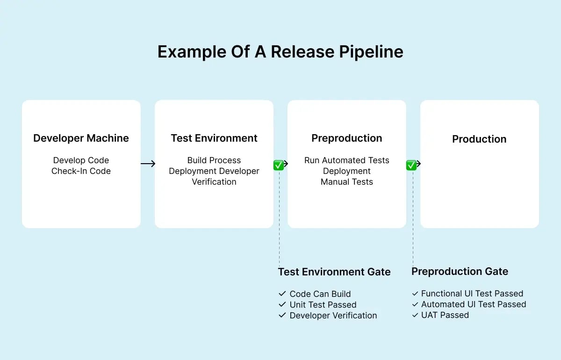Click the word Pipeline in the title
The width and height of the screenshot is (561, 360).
pyautogui.click(x=370, y=52)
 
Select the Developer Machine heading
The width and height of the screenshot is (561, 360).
pyautogui.click(x=81, y=138)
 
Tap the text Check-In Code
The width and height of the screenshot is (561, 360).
pyautogui.click(x=81, y=171)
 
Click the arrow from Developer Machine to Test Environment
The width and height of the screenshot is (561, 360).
pyautogui.click(x=148, y=164)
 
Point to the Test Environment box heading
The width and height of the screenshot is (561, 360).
pyautogui.click(x=214, y=138)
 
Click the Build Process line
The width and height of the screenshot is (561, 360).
pyautogui.click(x=214, y=160)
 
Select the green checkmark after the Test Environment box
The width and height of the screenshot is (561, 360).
pyautogui.click(x=279, y=165)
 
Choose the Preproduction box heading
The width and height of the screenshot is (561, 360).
pyautogui.click(x=347, y=138)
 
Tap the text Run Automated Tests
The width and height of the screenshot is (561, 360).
pyautogui.click(x=347, y=160)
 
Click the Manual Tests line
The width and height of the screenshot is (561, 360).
pyautogui.click(x=347, y=182)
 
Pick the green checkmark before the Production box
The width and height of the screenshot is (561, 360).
pyautogui.click(x=411, y=165)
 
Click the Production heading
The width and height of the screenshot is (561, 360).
pyautogui.click(x=479, y=139)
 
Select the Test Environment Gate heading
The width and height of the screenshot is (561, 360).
pyautogui.click(x=334, y=272)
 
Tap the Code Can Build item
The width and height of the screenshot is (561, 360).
pyautogui.click(x=320, y=294)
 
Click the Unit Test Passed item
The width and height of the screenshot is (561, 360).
pyautogui.click(x=323, y=305)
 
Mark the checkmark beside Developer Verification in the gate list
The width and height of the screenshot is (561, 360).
pyautogui.click(x=282, y=316)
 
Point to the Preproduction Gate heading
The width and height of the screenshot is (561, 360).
pyautogui.click(x=460, y=272)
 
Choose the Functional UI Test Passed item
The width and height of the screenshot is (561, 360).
pyautogui.click(x=472, y=294)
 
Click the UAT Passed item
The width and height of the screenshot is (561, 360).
pyautogui.click(x=445, y=315)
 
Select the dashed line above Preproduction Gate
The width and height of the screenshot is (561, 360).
pyautogui.click(x=413, y=220)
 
